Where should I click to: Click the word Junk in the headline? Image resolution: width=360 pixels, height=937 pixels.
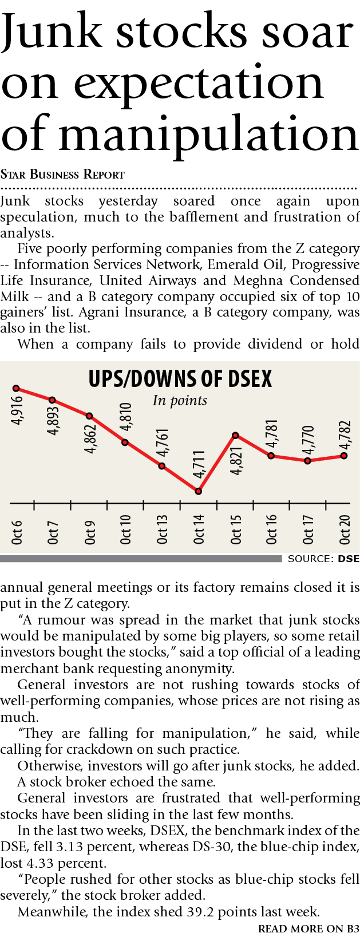point(50,33)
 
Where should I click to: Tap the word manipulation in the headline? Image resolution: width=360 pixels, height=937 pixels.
point(208,135)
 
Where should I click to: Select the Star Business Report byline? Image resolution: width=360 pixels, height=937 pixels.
point(62,175)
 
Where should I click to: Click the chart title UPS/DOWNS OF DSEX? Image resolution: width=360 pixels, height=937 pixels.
point(180,379)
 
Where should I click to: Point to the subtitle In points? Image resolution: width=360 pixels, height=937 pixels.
point(180,400)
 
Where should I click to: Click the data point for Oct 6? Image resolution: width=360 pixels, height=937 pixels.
point(16,389)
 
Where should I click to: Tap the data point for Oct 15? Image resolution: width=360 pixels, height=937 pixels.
point(235,436)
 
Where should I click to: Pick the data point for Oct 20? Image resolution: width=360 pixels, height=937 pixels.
point(344,456)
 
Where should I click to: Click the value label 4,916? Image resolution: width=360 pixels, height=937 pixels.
point(17,410)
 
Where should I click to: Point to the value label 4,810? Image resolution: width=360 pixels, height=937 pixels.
point(126,417)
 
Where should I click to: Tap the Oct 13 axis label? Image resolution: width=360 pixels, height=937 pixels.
point(163,529)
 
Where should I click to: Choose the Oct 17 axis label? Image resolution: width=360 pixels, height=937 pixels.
point(308,529)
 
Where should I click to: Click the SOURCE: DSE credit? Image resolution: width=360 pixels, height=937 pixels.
point(323,559)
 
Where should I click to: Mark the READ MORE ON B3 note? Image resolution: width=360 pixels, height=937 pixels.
point(308,929)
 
